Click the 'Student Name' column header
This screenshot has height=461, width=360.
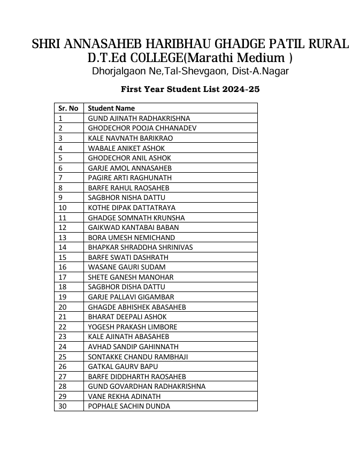[111, 108]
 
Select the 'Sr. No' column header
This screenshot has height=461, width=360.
[68, 108]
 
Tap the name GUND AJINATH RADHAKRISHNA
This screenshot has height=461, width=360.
[139, 118]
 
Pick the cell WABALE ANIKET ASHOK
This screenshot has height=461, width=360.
[126, 148]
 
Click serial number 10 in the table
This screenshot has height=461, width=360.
[63, 208]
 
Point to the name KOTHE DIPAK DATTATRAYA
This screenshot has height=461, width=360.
[132, 208]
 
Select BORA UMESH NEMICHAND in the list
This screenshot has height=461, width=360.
[131, 237]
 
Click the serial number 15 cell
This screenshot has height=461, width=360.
[63, 257]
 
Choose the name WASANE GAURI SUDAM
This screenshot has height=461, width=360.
[127, 267]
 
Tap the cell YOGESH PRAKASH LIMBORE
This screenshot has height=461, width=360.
[133, 327]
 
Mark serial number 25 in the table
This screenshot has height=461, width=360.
[63, 357]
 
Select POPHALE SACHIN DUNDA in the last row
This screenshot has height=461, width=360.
[129, 406]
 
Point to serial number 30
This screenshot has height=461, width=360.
[63, 406]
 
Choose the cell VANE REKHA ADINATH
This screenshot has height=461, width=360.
[124, 396]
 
